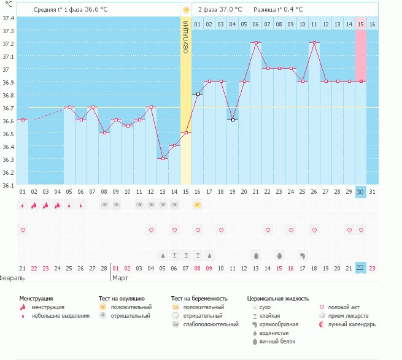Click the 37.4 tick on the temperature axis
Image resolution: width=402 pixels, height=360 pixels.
[x=8, y=18]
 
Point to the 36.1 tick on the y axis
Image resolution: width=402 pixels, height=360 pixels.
[x=8, y=185]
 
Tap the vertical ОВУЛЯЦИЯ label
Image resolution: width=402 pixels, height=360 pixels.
[x=186, y=37]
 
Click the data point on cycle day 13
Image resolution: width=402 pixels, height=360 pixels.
[x=163, y=158]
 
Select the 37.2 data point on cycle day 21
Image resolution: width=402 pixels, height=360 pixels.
[x=256, y=43]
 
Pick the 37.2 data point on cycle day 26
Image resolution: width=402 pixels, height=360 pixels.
[x=314, y=43]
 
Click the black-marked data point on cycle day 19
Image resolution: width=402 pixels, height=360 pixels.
[x=233, y=120]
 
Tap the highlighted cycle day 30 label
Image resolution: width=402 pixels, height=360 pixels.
[x=361, y=192]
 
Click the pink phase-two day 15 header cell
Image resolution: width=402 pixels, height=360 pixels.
[x=361, y=24]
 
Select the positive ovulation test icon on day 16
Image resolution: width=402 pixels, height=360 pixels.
[x=198, y=205]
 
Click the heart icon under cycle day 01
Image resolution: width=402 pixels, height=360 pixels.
[x=23, y=230]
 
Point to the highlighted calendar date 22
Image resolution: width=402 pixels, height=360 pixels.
[x=361, y=267]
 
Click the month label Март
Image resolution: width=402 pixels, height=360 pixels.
[x=120, y=278]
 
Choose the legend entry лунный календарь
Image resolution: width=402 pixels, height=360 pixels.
[x=352, y=324]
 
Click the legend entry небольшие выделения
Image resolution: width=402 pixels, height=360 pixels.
[x=61, y=316]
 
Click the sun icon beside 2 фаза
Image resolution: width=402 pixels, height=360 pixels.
[x=186, y=10]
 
